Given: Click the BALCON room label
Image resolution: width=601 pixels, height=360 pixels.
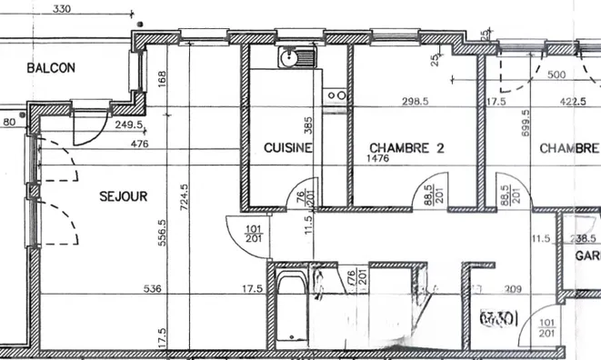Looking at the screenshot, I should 51,68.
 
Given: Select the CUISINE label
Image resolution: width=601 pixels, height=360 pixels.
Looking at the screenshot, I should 288,148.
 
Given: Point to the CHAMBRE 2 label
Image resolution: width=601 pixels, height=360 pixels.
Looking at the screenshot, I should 406,148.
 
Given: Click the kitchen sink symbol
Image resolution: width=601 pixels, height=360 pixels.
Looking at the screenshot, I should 295,59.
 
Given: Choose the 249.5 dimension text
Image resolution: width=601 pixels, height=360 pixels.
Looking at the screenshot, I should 128,125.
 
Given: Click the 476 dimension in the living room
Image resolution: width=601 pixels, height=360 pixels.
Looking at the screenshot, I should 139,144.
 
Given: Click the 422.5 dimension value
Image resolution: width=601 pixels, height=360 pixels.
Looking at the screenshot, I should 571,102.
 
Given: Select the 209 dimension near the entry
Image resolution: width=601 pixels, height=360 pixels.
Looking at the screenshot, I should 513,291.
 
